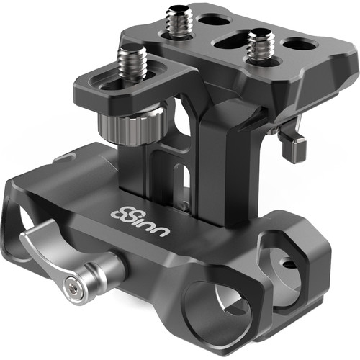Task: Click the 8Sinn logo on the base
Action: pos(140,220)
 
